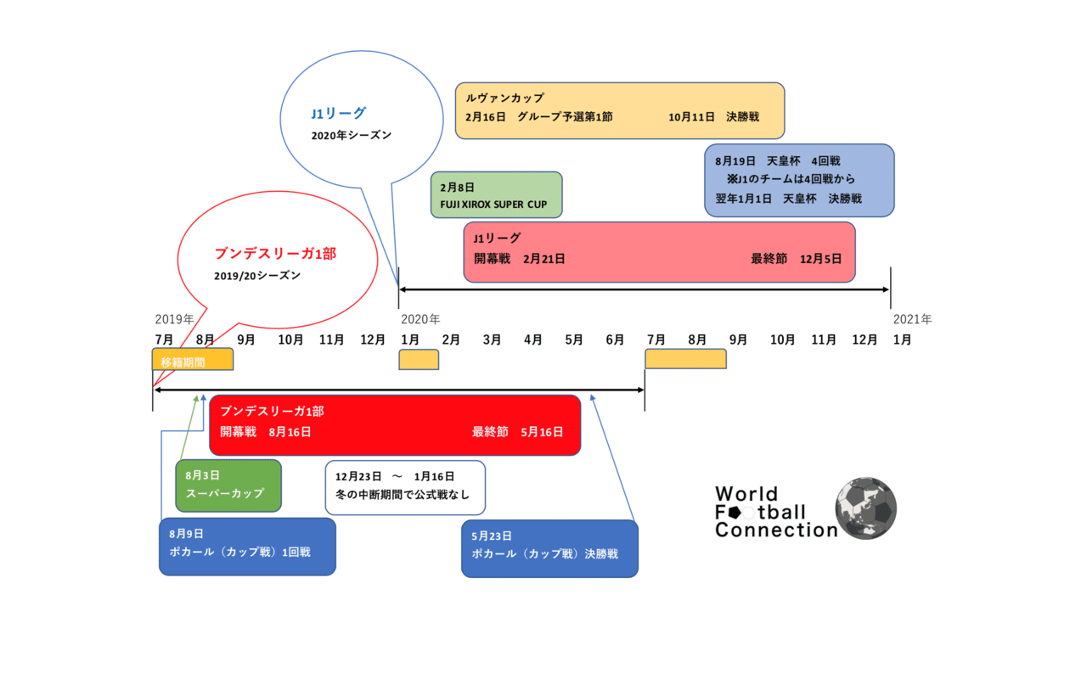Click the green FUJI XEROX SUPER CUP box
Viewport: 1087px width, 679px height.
496,195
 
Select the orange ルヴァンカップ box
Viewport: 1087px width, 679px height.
619,110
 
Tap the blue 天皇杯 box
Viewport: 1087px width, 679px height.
799,180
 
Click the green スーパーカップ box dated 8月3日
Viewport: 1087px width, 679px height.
228,485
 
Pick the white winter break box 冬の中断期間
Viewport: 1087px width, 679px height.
405,487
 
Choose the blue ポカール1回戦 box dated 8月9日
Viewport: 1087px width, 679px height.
247,547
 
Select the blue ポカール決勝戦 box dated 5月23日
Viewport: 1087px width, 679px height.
549,548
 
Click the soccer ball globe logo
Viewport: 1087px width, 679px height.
865,508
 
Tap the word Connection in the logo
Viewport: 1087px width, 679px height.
775,530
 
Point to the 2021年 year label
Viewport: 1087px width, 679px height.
912,320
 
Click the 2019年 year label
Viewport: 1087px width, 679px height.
174,320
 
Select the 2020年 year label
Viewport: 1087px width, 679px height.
420,320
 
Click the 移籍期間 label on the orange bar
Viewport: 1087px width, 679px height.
183,362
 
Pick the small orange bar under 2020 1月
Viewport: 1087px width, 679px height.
419,359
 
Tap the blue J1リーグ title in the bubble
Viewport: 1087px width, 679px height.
338,113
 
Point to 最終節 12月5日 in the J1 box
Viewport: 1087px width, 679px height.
796,258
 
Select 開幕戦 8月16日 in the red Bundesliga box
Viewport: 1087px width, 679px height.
265,432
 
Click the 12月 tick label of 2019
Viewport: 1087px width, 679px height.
372,339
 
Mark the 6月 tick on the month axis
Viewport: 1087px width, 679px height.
615,339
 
